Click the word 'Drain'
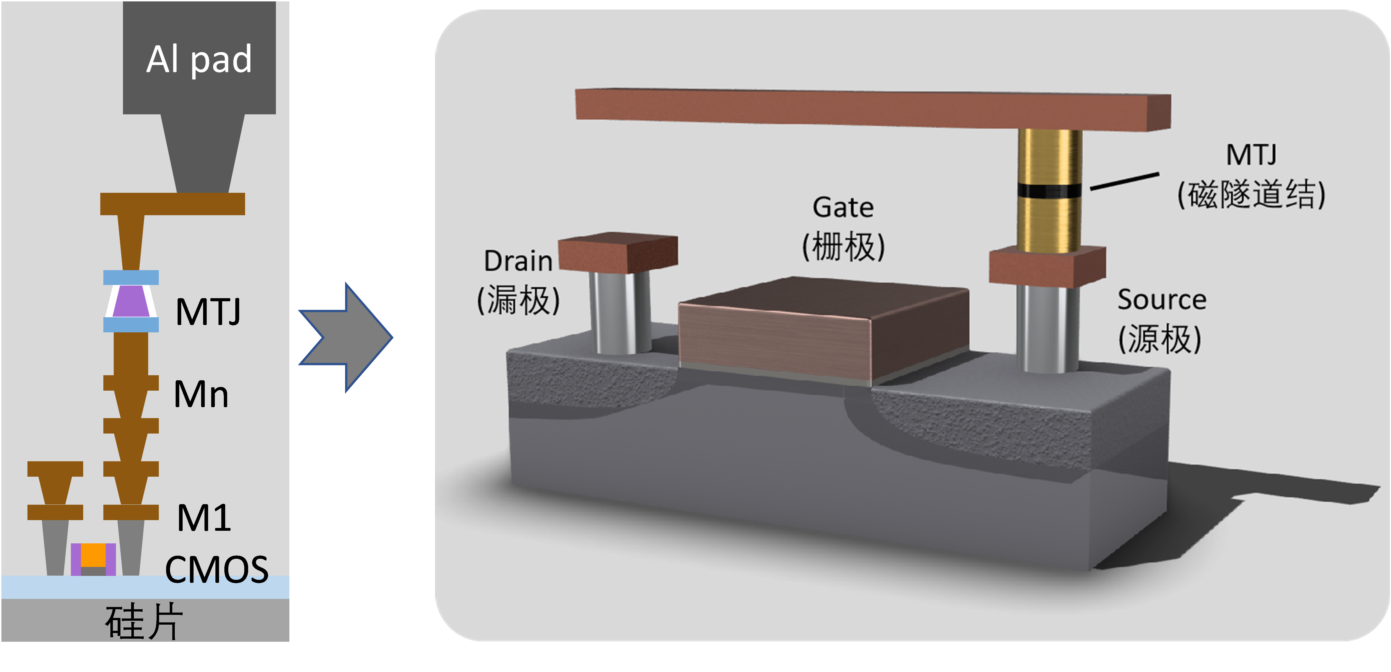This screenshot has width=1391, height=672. point(518,261)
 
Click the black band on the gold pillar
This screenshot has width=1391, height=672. point(1049,191)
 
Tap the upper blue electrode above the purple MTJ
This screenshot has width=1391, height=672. point(131,277)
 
